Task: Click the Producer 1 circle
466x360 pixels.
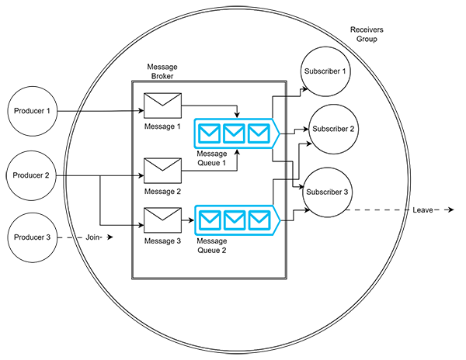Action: point(32,111)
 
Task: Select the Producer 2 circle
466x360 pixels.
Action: point(32,175)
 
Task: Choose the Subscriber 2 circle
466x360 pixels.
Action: point(335,129)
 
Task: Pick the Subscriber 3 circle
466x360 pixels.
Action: point(326,192)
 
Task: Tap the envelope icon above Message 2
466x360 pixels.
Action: point(162,170)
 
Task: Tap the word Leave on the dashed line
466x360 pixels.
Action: point(423,210)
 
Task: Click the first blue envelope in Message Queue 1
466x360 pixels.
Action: point(208,133)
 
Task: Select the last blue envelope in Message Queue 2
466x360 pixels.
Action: point(258,220)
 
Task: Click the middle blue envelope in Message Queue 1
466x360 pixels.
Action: point(233,133)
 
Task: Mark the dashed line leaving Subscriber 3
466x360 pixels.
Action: point(381,209)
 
